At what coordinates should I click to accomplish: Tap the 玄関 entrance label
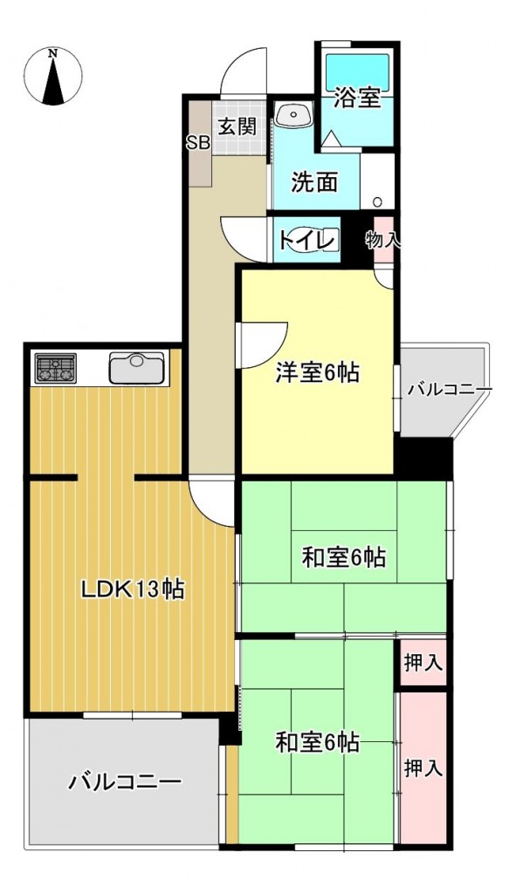coord(237,126)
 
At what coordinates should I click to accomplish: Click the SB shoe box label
coord(197,143)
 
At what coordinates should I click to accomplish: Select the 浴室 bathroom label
coord(357,97)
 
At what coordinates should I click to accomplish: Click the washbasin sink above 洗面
coord(293,114)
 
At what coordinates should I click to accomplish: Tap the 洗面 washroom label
coord(314,183)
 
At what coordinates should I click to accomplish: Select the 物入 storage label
coord(382,240)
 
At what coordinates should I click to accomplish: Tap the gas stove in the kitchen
coord(55,369)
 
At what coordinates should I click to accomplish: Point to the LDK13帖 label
coord(132,589)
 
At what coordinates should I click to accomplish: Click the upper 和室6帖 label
coord(344,556)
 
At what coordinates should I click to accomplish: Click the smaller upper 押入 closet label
coord(423,663)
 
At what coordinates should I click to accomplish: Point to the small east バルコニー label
coord(449,390)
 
